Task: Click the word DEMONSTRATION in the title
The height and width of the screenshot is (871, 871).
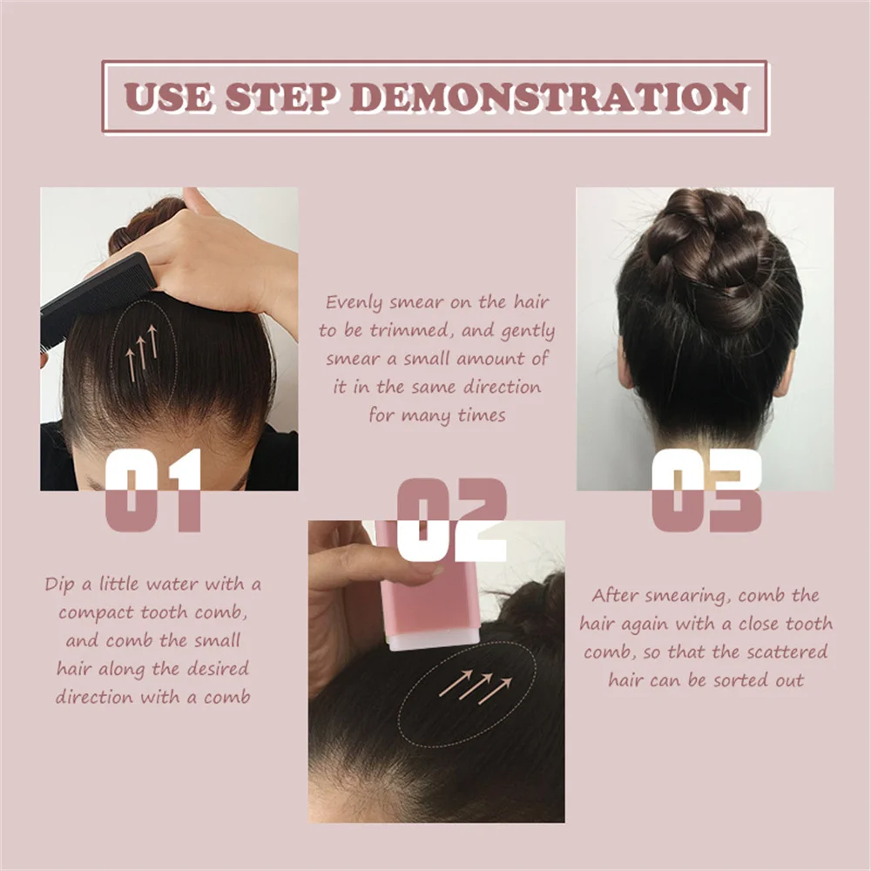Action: pos(548,97)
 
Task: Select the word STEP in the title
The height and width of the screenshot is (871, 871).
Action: pos(280,97)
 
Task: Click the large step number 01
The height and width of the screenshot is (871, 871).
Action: pos(153,490)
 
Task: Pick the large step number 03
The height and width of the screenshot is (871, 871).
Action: pos(706,490)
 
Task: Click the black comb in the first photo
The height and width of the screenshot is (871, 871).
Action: pos(96,292)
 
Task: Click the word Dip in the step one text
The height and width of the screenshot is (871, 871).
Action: pos(62,584)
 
